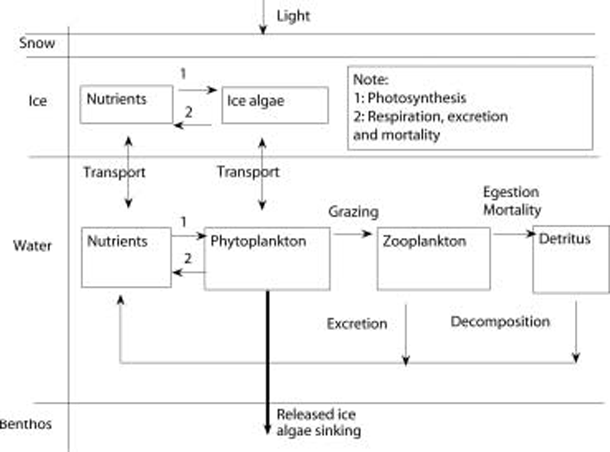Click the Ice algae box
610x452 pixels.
click(x=274, y=105)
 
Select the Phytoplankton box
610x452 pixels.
click(x=267, y=258)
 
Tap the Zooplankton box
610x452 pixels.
click(x=434, y=258)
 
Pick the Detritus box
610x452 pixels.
click(x=570, y=259)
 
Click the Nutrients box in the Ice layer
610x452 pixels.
click(x=126, y=104)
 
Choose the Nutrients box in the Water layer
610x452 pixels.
click(x=126, y=257)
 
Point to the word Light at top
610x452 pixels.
click(x=293, y=16)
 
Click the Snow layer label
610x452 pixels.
click(x=37, y=43)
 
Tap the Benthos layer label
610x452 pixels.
click(x=26, y=424)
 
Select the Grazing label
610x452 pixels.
click(x=353, y=212)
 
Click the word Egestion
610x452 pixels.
click(x=511, y=192)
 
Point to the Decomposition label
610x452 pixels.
click(x=500, y=322)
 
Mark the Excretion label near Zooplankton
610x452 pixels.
click(x=357, y=324)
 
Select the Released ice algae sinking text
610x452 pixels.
click(x=319, y=422)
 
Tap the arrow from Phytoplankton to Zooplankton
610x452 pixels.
click(x=353, y=234)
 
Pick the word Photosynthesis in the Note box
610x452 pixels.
click(x=417, y=98)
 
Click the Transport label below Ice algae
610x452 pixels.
click(x=248, y=172)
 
